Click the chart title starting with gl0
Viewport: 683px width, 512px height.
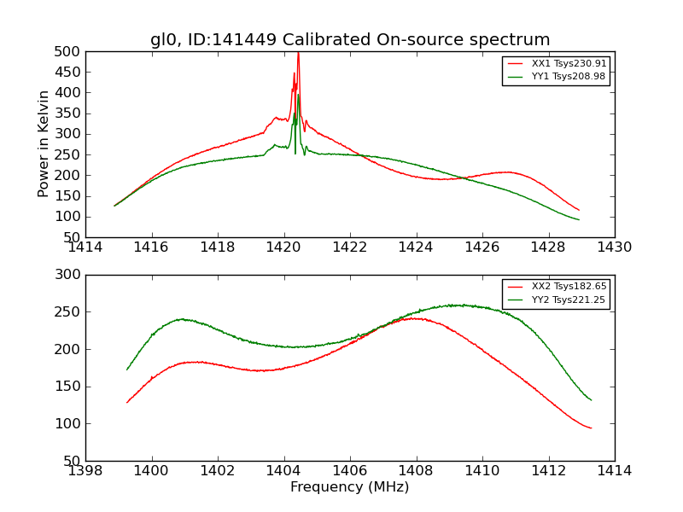click(x=350, y=40)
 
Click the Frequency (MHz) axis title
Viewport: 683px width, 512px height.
click(x=350, y=487)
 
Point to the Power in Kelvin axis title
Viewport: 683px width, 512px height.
click(x=44, y=144)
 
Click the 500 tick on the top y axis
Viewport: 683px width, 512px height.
click(x=67, y=51)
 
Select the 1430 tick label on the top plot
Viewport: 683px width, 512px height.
click(x=614, y=247)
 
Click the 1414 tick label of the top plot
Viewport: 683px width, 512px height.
click(x=85, y=247)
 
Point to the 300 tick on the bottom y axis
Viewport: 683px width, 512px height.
click(x=67, y=275)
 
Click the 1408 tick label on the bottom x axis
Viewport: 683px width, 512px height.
click(x=416, y=471)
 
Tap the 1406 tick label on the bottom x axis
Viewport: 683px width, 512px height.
click(x=350, y=471)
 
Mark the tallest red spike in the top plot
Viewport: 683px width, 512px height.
click(x=298, y=55)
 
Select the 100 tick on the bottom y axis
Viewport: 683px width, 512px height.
click(x=67, y=424)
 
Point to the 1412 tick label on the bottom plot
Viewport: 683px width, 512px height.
click(x=548, y=471)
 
